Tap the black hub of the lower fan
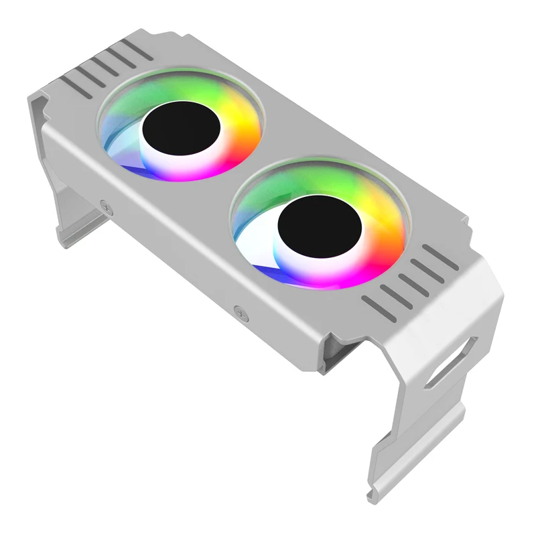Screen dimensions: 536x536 click(x=320, y=227)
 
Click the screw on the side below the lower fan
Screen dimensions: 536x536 click(x=239, y=310)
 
